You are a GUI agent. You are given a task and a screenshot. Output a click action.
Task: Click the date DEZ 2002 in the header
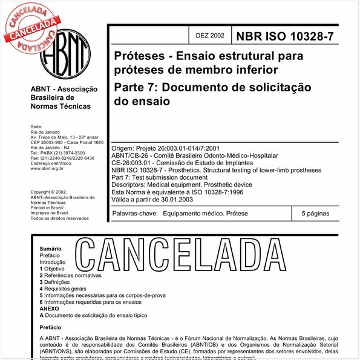(209, 36)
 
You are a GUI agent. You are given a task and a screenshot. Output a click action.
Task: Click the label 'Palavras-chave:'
(136, 214)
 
